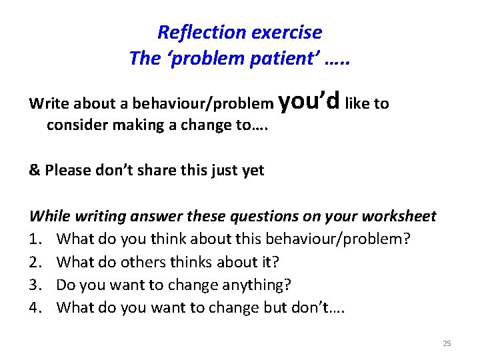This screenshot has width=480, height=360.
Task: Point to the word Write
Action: click(x=49, y=104)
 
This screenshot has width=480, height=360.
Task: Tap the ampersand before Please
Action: click(x=35, y=170)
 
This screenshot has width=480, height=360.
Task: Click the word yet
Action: click(x=253, y=171)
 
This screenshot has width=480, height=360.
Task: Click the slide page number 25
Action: click(x=447, y=343)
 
